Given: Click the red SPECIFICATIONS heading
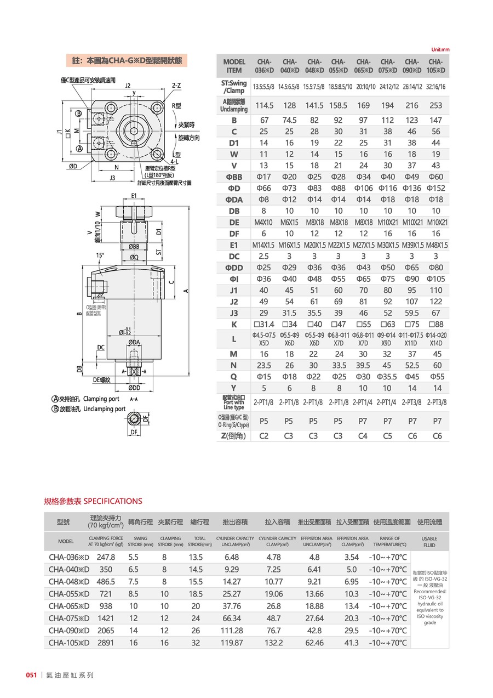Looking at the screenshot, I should point(93,501).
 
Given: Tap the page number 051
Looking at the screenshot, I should point(31,675).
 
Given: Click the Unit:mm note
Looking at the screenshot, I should point(440,49).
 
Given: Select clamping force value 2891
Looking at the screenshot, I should point(106,642).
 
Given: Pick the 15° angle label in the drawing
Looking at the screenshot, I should point(100,255).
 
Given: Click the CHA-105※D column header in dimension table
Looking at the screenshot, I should point(435,66).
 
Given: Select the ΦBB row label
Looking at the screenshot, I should point(234,177).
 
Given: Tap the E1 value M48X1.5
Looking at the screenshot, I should point(435,245).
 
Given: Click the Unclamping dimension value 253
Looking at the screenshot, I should point(436,105).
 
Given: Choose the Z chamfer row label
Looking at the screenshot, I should point(234,436).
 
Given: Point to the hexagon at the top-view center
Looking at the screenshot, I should point(135,130).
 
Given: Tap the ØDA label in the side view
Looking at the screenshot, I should point(134,343).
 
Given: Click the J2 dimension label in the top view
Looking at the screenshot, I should point(128,86).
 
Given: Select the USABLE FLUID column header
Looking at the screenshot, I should point(429,542).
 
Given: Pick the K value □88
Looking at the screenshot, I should point(436,325).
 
